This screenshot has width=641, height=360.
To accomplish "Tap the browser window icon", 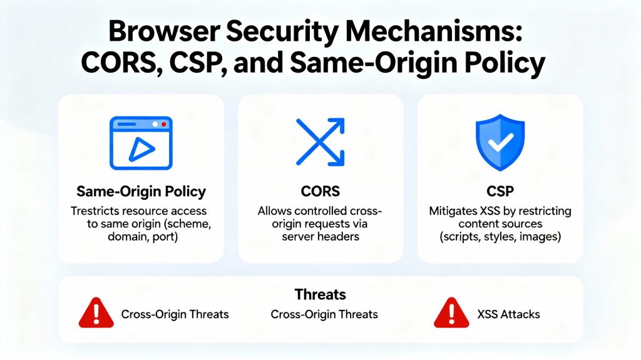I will (141, 142).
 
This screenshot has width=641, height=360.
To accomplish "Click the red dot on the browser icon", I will (164, 125).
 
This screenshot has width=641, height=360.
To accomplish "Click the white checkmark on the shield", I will (500, 143).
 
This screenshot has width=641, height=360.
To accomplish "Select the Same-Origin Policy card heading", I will (141, 191).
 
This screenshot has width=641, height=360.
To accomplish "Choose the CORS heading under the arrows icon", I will (320, 191).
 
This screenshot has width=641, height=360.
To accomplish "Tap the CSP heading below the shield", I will (500, 191).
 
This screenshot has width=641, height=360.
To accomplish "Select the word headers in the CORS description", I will (344, 237).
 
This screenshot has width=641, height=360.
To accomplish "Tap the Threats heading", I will (320, 294).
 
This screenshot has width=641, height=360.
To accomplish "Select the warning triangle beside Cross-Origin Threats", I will (96, 313).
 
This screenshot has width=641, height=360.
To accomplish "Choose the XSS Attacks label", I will (508, 314).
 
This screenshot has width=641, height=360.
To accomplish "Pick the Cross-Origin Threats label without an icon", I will (324, 314).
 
